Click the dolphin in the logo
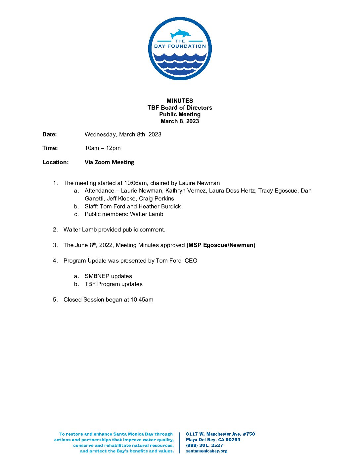[x=180, y=34]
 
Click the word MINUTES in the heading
[x=180, y=101]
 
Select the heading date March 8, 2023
[x=180, y=121]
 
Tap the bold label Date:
[x=50, y=134]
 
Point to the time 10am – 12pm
[x=103, y=148]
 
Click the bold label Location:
[x=55, y=162]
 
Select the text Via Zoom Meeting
[x=109, y=162]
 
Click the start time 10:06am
[x=135, y=183]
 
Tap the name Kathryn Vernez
[x=185, y=191]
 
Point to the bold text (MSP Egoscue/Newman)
[x=221, y=245]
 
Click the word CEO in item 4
[x=191, y=261]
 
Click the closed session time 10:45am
[x=142, y=300]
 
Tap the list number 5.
[x=55, y=300]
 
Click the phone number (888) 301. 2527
[x=204, y=445]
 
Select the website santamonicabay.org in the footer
[x=206, y=451]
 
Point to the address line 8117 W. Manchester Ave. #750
[x=220, y=434]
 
